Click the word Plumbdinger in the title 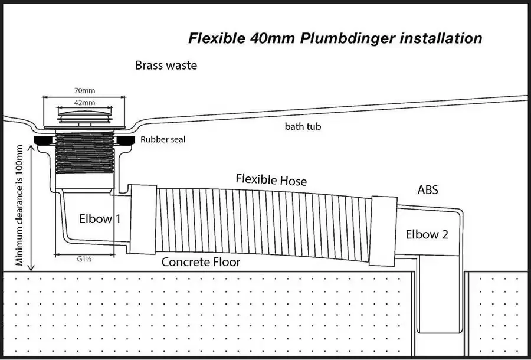348,38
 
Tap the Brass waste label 166,66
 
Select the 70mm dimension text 84,90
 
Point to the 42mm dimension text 84,102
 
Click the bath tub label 303,127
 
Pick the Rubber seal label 163,139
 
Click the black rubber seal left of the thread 45,140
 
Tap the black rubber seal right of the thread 125,140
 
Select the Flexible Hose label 271,179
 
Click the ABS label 428,190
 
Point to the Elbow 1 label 100,219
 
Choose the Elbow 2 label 427,234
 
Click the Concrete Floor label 201,262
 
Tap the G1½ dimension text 84,260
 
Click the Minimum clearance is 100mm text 19,205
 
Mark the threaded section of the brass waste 84,153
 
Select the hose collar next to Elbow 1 143,220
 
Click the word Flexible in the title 217,38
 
